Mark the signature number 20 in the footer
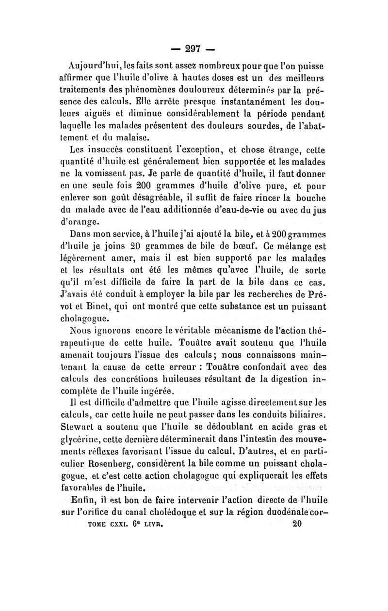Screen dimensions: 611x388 (x=297, y=523)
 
